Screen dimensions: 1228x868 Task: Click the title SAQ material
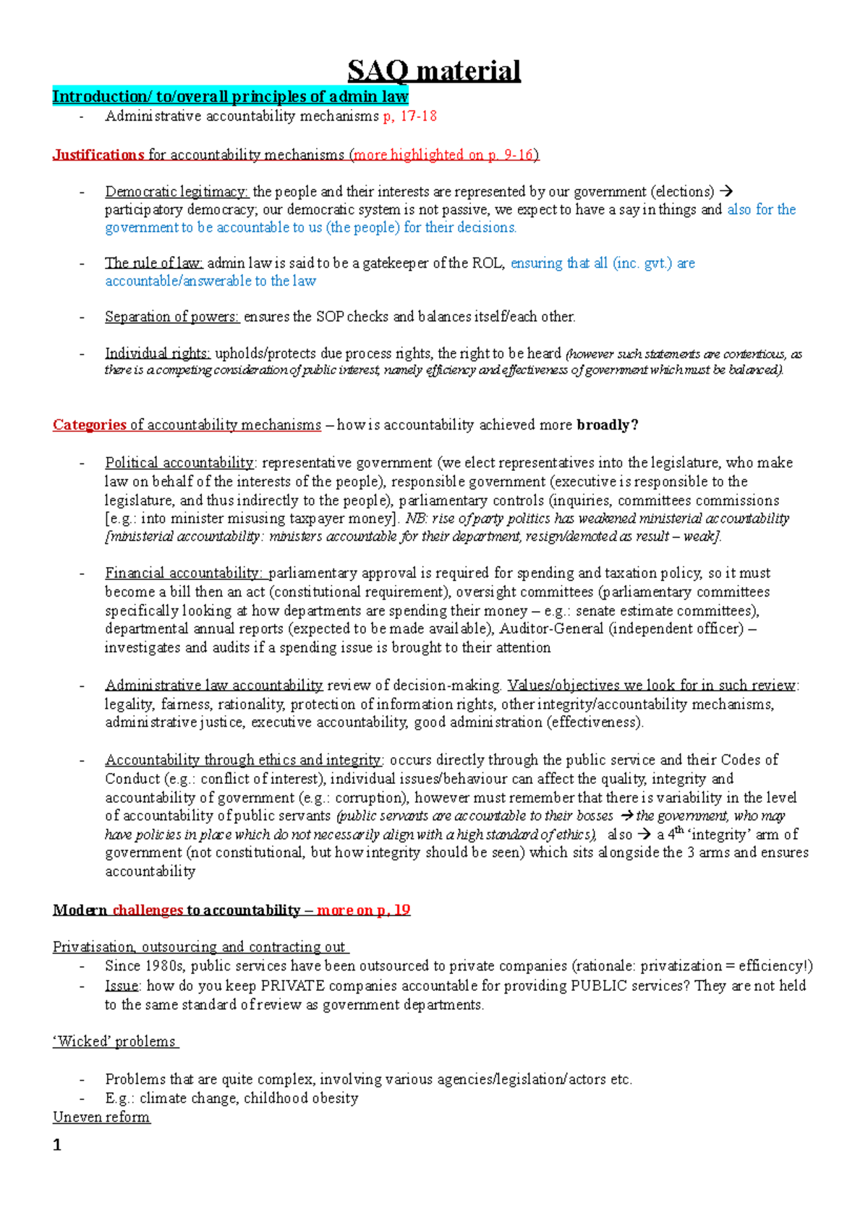pos(433,71)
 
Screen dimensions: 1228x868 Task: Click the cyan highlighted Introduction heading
pos(230,96)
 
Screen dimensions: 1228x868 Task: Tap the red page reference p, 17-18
pos(409,116)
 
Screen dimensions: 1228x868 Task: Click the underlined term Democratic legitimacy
pos(176,192)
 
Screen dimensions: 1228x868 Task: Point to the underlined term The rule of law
pos(154,263)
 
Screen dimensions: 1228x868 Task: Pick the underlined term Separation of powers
pos(171,317)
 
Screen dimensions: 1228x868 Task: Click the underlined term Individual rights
pos(157,354)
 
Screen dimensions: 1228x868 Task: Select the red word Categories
pos(89,425)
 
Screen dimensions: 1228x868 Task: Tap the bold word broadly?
pos(608,425)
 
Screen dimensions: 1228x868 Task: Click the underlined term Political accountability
pos(179,463)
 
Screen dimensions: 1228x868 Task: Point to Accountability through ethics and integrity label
pos(243,760)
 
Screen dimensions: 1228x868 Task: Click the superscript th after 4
pos(679,830)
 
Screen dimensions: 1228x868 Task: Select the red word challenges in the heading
pos(148,911)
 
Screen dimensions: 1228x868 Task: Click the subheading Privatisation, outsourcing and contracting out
pos(200,947)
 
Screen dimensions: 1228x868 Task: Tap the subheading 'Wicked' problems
pos(114,1042)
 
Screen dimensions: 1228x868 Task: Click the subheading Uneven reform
pos(101,1117)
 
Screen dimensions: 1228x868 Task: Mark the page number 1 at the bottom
pos(57,1146)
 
